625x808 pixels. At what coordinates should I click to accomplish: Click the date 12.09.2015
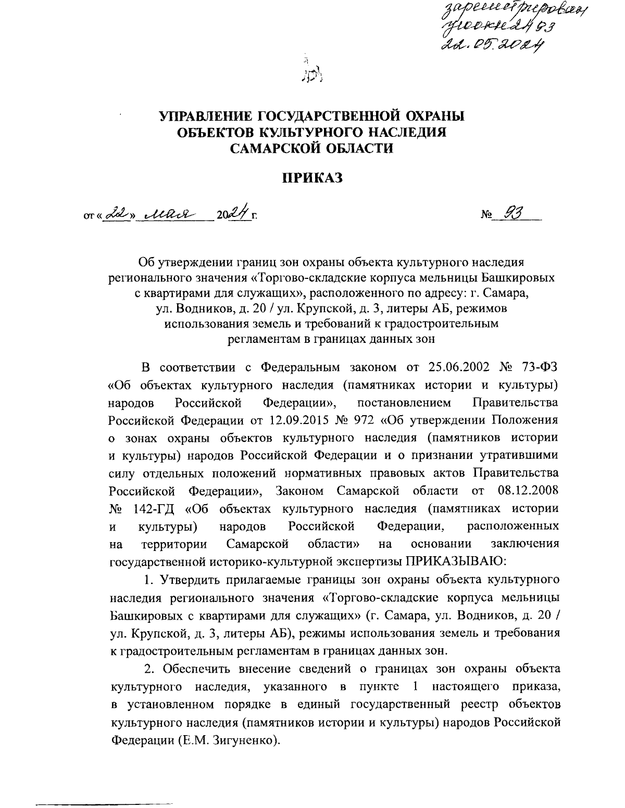[x=299, y=420]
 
